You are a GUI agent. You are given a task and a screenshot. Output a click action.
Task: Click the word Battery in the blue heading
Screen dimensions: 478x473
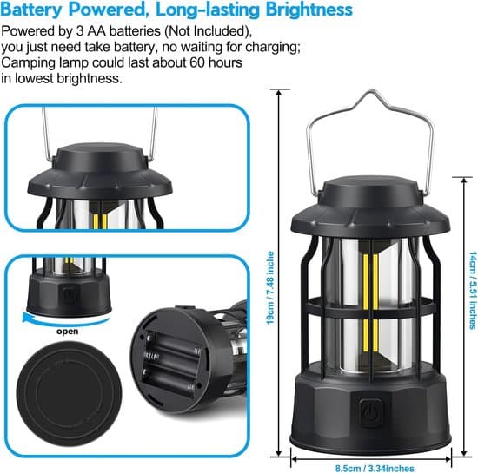pyautogui.click(x=31, y=10)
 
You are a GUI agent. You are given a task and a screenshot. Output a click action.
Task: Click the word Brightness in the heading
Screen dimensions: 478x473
pyautogui.click(x=309, y=10)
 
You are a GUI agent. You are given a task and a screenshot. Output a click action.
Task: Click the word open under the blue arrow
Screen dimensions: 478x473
pyautogui.click(x=68, y=332)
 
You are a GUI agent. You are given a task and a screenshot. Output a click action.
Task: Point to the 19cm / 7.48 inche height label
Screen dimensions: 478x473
pyautogui.click(x=270, y=288)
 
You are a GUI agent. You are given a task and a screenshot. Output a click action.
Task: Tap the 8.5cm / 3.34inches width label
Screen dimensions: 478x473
pyautogui.click(x=375, y=468)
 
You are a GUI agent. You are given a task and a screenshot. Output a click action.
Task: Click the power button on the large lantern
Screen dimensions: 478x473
pyautogui.click(x=369, y=413)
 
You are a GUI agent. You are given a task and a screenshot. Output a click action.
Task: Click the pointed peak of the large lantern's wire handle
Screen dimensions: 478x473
pyautogui.click(x=372, y=90)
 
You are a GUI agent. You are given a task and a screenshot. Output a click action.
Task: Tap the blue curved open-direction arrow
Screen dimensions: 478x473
pyautogui.click(x=66, y=320)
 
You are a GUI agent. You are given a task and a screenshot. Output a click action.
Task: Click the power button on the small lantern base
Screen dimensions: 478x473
pyautogui.click(x=69, y=293)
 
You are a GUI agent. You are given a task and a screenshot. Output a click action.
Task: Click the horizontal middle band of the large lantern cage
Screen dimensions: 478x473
pyautogui.click(x=370, y=307)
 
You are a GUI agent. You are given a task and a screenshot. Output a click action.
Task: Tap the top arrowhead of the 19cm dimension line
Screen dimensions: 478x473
pyautogui.click(x=278, y=92)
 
